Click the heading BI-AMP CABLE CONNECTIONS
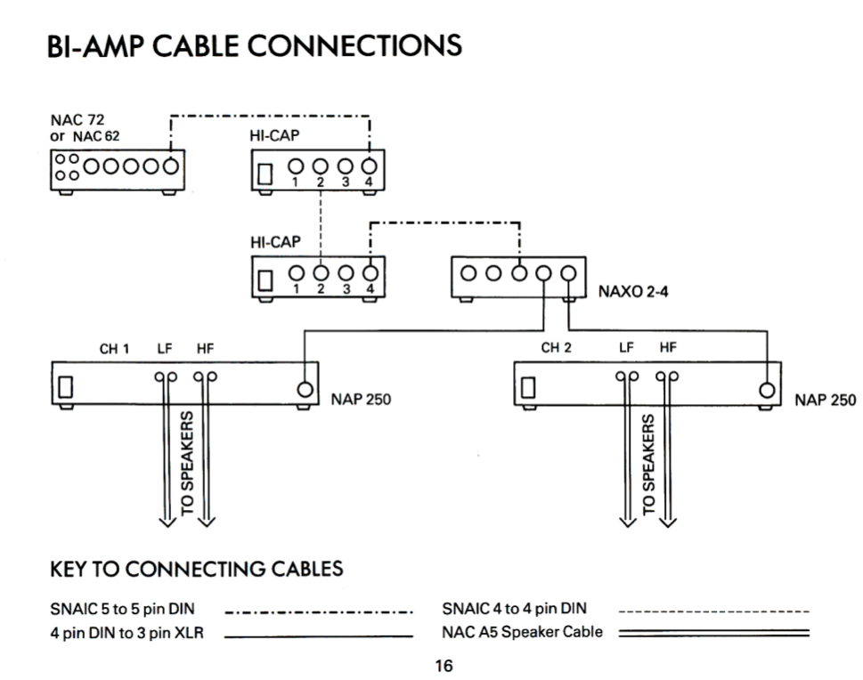click(x=255, y=45)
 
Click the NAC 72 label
click(x=79, y=121)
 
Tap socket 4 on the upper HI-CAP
click(x=369, y=168)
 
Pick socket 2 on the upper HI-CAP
click(x=319, y=168)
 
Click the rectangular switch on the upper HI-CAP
click(x=264, y=172)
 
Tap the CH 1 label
click(x=114, y=349)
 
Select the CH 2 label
click(x=558, y=349)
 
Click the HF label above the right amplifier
click(x=669, y=349)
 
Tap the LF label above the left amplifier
click(x=166, y=349)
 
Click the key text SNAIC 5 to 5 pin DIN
click(x=123, y=611)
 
